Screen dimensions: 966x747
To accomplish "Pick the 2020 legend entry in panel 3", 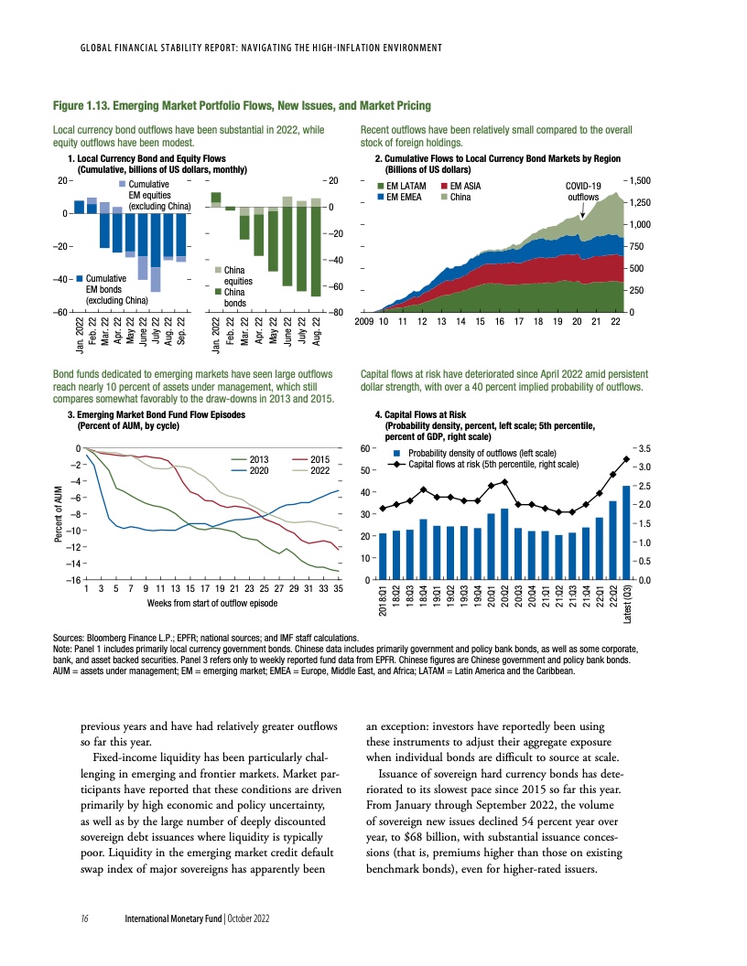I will coord(258,469).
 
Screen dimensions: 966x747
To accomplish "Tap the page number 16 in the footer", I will coord(83,918).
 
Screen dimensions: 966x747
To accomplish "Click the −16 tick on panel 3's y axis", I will coord(70,580).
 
